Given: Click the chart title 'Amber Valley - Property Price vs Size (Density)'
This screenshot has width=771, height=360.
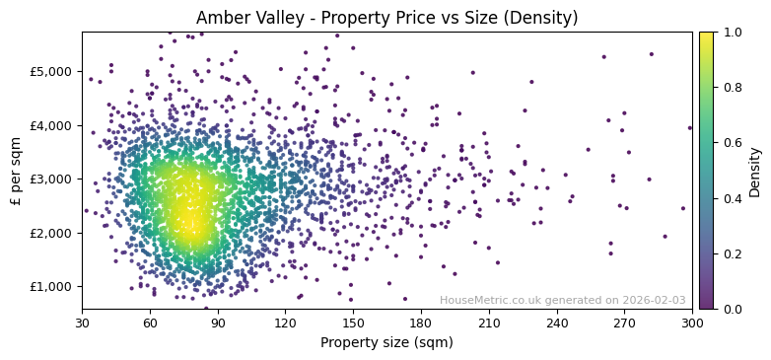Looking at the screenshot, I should [x=386, y=18].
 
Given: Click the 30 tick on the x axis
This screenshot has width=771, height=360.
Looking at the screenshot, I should [x=82, y=323].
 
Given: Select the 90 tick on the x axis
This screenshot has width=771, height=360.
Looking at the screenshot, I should [x=218, y=323].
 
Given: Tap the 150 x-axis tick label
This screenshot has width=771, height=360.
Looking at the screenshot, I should [x=353, y=323].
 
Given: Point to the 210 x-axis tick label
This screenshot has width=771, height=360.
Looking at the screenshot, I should [x=489, y=323].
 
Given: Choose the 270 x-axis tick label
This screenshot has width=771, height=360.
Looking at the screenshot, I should [x=624, y=323].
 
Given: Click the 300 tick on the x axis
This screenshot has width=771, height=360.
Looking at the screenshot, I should [x=692, y=323].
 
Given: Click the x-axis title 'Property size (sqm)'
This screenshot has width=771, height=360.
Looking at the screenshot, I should [x=386, y=342].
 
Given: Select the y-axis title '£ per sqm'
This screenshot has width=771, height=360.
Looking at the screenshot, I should [x=16, y=171].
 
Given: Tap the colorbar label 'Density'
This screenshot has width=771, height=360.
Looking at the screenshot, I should [x=754, y=171].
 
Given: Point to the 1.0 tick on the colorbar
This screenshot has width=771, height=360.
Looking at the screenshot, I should [x=731, y=33].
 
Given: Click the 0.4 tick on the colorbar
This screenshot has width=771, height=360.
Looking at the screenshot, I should [x=731, y=198].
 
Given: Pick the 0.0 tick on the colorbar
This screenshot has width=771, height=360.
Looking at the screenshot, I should [x=731, y=309].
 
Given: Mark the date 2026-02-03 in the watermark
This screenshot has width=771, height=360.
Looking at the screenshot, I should [x=655, y=301].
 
